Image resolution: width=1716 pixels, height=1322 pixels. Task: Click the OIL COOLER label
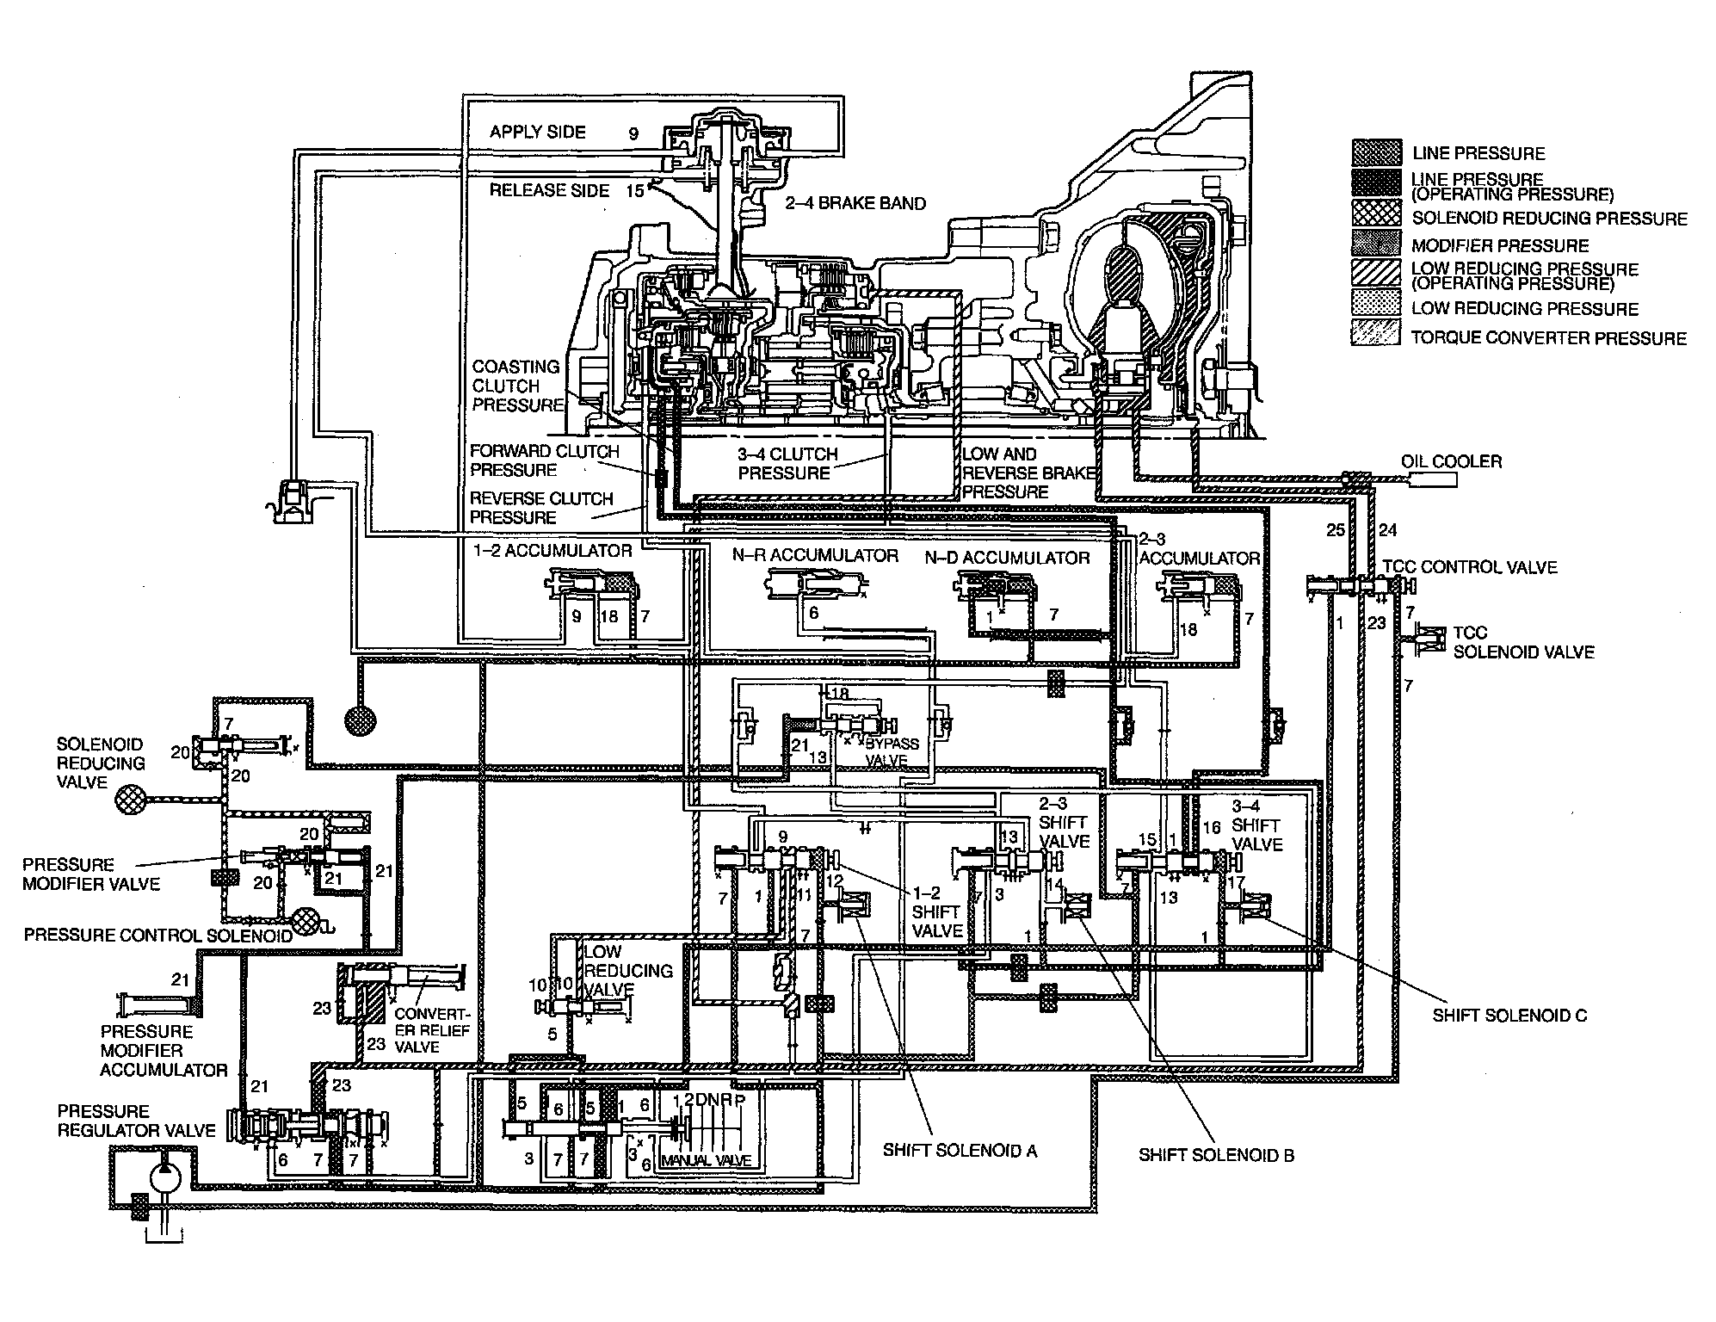tap(1451, 461)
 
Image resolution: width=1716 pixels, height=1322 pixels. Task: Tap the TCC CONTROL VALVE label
tap(1470, 567)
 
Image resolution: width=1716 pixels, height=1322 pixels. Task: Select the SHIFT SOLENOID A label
tap(960, 1151)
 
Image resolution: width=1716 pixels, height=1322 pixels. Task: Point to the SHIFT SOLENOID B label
tap(1216, 1155)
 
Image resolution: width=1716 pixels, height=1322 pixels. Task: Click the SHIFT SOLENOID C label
tap(1509, 1016)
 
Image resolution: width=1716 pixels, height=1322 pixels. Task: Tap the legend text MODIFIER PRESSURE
tap(1500, 245)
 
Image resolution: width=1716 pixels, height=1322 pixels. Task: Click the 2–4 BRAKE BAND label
tap(855, 203)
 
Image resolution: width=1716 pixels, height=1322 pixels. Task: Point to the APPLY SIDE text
tap(538, 132)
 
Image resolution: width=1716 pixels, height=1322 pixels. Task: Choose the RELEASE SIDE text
tap(549, 190)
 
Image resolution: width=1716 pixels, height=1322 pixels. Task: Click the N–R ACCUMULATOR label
tap(815, 556)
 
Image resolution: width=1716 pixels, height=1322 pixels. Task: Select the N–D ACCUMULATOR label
tap(1007, 558)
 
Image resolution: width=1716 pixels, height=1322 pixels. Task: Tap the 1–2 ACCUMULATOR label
tap(551, 551)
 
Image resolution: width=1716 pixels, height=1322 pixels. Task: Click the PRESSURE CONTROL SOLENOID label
tap(158, 935)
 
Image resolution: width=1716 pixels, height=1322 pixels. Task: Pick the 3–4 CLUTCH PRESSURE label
tap(787, 463)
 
